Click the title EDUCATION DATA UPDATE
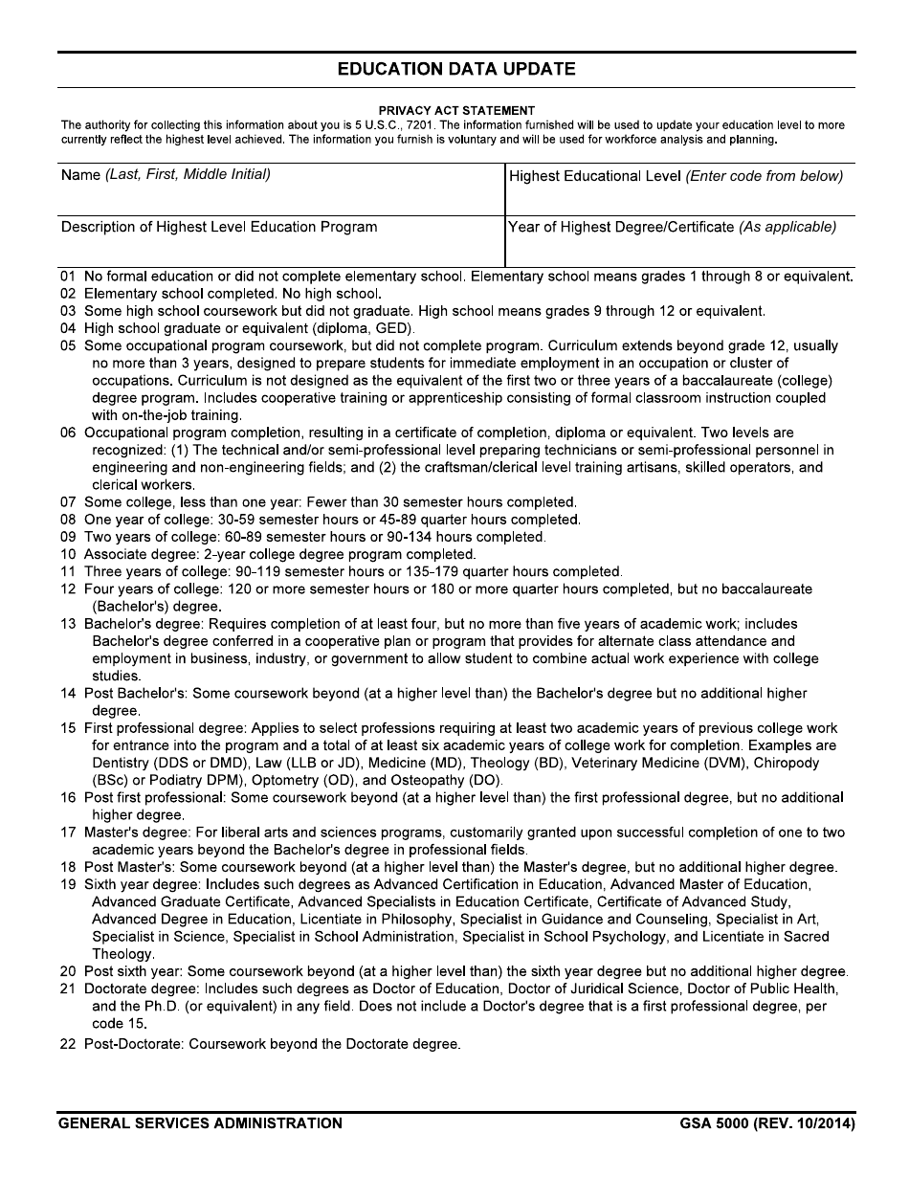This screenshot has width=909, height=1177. (456, 70)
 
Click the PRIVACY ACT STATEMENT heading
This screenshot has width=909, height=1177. (456, 111)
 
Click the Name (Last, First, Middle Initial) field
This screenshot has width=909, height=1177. (280, 196)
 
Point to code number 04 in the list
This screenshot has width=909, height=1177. (68, 328)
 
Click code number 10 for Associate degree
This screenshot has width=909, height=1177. (68, 554)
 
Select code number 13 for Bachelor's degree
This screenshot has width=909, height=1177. (68, 624)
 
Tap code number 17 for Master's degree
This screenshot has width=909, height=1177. (68, 833)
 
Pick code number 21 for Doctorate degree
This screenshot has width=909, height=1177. (68, 988)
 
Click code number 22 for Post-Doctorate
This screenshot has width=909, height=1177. (68, 1044)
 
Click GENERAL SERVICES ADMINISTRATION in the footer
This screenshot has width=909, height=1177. (200, 1123)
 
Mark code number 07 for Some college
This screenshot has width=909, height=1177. (68, 501)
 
